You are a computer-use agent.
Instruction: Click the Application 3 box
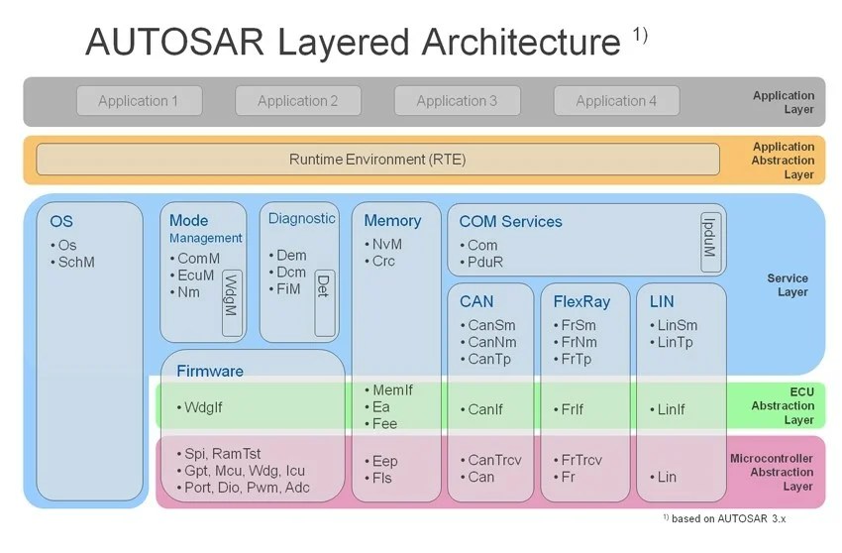pos(457,101)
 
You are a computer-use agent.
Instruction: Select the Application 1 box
pos(139,101)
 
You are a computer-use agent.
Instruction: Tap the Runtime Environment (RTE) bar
pos(377,160)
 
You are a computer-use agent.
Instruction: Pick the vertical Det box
pos(324,286)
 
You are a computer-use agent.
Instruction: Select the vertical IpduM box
pos(710,242)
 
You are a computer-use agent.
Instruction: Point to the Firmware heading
pos(209,372)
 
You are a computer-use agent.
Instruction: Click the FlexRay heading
pos(581,301)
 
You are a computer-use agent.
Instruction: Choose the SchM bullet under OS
pos(75,263)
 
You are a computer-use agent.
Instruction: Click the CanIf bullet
pos(485,409)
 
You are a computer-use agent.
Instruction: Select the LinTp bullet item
pos(677,343)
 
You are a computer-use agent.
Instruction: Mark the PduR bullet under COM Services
pos(485,263)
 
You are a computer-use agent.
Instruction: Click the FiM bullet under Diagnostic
pos(289,289)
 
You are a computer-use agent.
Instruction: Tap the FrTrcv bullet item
pos(581,460)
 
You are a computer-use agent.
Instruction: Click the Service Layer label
pos(788,285)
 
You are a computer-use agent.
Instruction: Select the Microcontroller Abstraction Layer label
pos(772,473)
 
